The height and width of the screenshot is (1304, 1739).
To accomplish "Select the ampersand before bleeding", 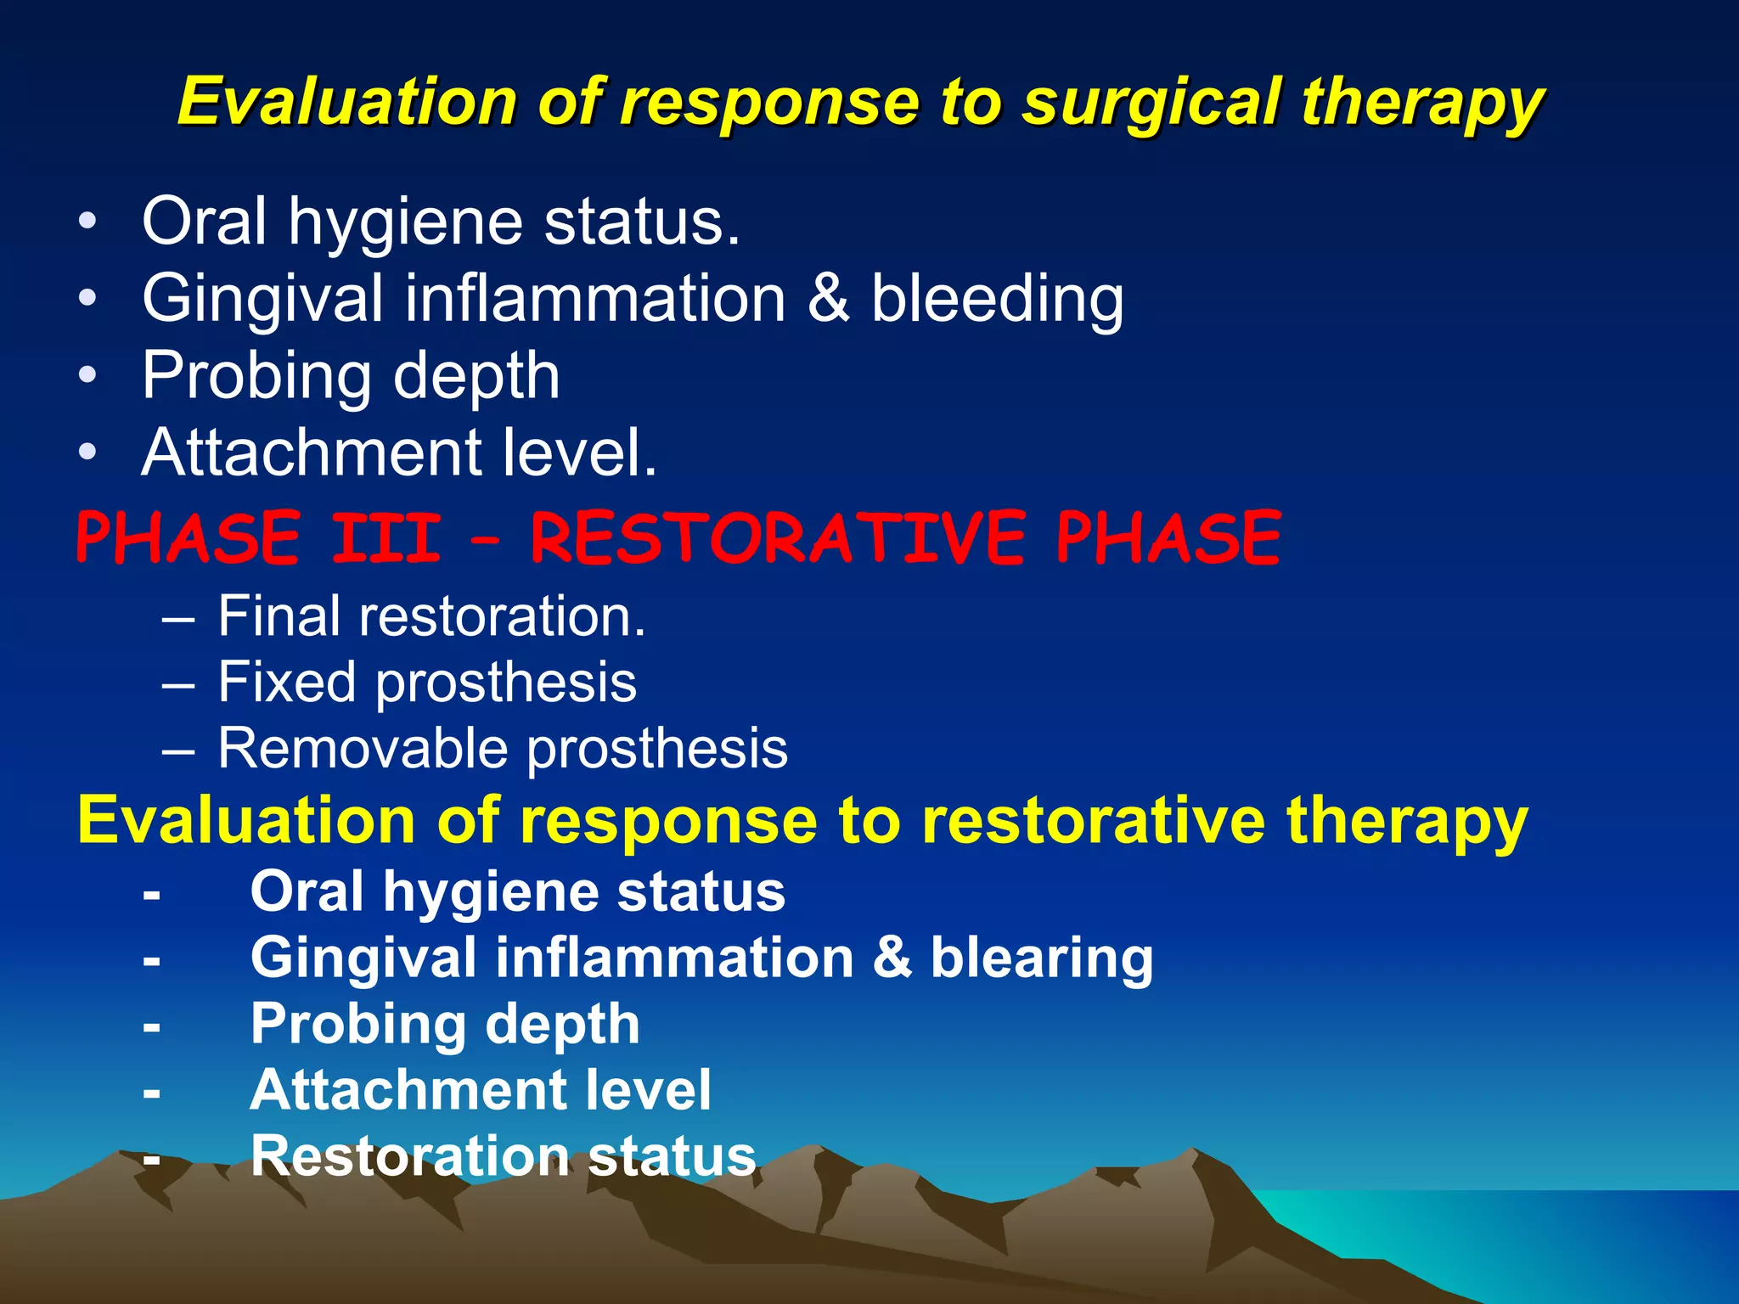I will [x=828, y=299].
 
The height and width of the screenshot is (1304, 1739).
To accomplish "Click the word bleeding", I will [x=997, y=299].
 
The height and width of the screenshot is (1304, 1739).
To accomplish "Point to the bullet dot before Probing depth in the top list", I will [x=87, y=375].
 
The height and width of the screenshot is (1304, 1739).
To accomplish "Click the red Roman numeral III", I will [x=386, y=538].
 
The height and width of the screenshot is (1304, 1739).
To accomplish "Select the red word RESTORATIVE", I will [x=778, y=538].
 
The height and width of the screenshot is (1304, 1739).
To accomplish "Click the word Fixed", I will [x=286, y=682].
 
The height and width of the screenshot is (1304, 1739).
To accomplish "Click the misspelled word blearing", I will [x=1042, y=958].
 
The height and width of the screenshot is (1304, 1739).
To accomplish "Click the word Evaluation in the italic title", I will [x=347, y=103].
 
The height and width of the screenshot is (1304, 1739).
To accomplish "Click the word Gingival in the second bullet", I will [x=262, y=299].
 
